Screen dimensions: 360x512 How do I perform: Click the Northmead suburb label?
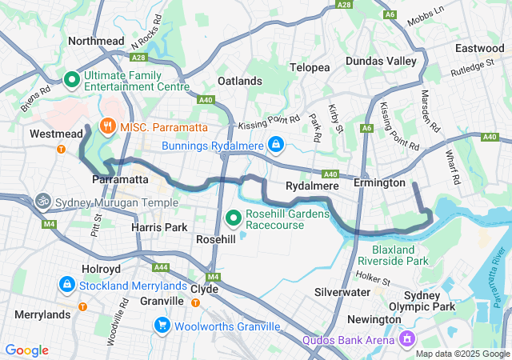(96, 40)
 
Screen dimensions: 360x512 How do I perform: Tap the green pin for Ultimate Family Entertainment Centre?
(70, 79)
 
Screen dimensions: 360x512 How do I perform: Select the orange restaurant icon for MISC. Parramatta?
(106, 126)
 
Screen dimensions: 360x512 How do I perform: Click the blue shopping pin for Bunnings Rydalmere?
(275, 144)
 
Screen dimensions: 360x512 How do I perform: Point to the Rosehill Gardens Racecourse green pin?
(234, 217)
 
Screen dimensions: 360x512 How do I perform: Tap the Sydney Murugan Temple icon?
(42, 201)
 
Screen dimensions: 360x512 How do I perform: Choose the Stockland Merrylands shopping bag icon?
(66, 284)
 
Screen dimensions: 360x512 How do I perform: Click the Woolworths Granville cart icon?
(162, 325)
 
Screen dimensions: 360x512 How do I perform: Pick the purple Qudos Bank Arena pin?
(407, 340)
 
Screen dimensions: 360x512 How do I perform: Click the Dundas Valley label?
(381, 61)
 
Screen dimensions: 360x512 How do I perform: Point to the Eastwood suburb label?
(479, 48)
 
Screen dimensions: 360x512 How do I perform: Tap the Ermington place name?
(380, 183)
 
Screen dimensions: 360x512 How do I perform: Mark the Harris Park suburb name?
(158, 228)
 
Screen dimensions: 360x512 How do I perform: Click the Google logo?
(26, 350)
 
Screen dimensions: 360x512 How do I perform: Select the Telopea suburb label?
(310, 68)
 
